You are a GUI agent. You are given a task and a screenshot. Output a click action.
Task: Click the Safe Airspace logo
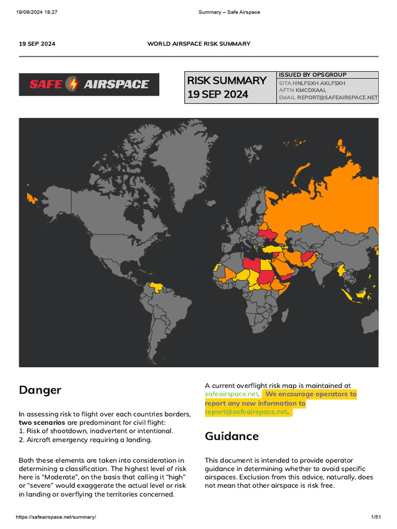click(x=89, y=84)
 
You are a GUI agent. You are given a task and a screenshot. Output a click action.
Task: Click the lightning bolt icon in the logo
click(x=74, y=84)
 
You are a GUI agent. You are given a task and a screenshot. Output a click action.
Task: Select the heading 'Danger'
click(x=40, y=390)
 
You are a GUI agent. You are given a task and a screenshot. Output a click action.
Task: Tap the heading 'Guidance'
click(x=232, y=436)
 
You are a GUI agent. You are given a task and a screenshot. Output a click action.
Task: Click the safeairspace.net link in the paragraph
click(x=231, y=394)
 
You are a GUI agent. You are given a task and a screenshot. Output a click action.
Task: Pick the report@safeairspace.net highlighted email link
click(x=246, y=412)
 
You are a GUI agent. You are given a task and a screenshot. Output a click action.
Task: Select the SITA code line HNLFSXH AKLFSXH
click(x=319, y=83)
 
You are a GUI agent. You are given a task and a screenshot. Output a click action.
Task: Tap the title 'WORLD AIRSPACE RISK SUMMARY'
click(x=198, y=44)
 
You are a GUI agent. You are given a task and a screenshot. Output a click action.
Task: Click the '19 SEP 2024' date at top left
click(x=37, y=44)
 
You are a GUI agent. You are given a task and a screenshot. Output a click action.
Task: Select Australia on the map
click(x=362, y=331)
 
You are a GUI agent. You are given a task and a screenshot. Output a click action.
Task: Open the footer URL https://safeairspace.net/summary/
click(x=56, y=517)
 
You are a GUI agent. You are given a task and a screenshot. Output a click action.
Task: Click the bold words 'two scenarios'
click(x=42, y=422)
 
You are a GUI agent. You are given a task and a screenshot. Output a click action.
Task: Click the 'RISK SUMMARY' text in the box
click(x=227, y=81)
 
